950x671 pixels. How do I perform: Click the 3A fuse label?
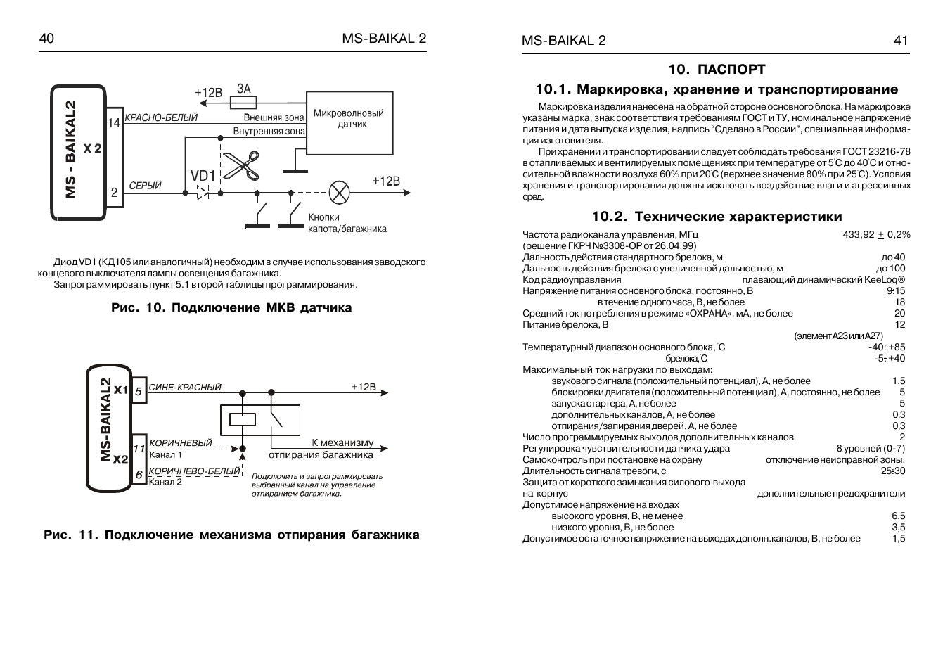pos(243,89)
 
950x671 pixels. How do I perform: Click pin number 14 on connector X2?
pos(114,122)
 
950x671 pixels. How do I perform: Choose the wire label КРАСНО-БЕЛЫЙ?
pos(161,117)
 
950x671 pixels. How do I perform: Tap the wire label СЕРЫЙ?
pos(145,186)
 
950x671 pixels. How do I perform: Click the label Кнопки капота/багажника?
pos(347,223)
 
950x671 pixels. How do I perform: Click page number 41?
pos(901,41)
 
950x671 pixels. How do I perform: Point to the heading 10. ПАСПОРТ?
pos(717,69)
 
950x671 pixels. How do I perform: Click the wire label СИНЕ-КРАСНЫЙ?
pos(185,387)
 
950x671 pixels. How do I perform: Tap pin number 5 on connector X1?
pos(139,390)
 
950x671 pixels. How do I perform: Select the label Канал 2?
pos(165,482)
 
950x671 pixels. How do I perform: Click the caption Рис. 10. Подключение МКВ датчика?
pos(231,307)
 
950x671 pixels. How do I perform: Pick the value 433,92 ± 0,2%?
pos(876,234)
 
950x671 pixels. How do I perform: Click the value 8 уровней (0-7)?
pos(870,448)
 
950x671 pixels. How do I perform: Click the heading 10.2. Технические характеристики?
pos(717,216)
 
